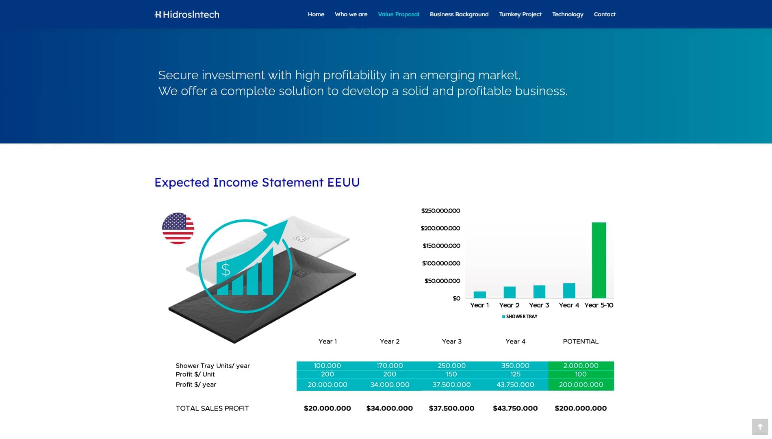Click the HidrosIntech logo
coord(187,15)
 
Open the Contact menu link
coord(605,14)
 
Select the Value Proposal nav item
coord(399,14)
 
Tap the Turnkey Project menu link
coord(520,14)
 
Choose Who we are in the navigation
coord(351,14)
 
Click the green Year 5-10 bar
coord(599,260)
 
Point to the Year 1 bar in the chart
coord(480,295)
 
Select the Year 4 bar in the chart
coord(569,291)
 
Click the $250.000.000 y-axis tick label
coord(441,211)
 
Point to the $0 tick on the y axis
coord(457,298)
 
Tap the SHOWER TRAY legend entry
coord(520,316)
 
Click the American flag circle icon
coord(178,228)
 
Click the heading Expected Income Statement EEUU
coord(257,182)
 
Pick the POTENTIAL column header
coord(581,341)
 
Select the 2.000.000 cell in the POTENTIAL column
coord(581,365)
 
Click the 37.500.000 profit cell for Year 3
coord(451,385)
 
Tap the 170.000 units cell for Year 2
coord(390,365)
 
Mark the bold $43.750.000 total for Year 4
coord(515,408)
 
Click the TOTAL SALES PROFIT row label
coord(212,408)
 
